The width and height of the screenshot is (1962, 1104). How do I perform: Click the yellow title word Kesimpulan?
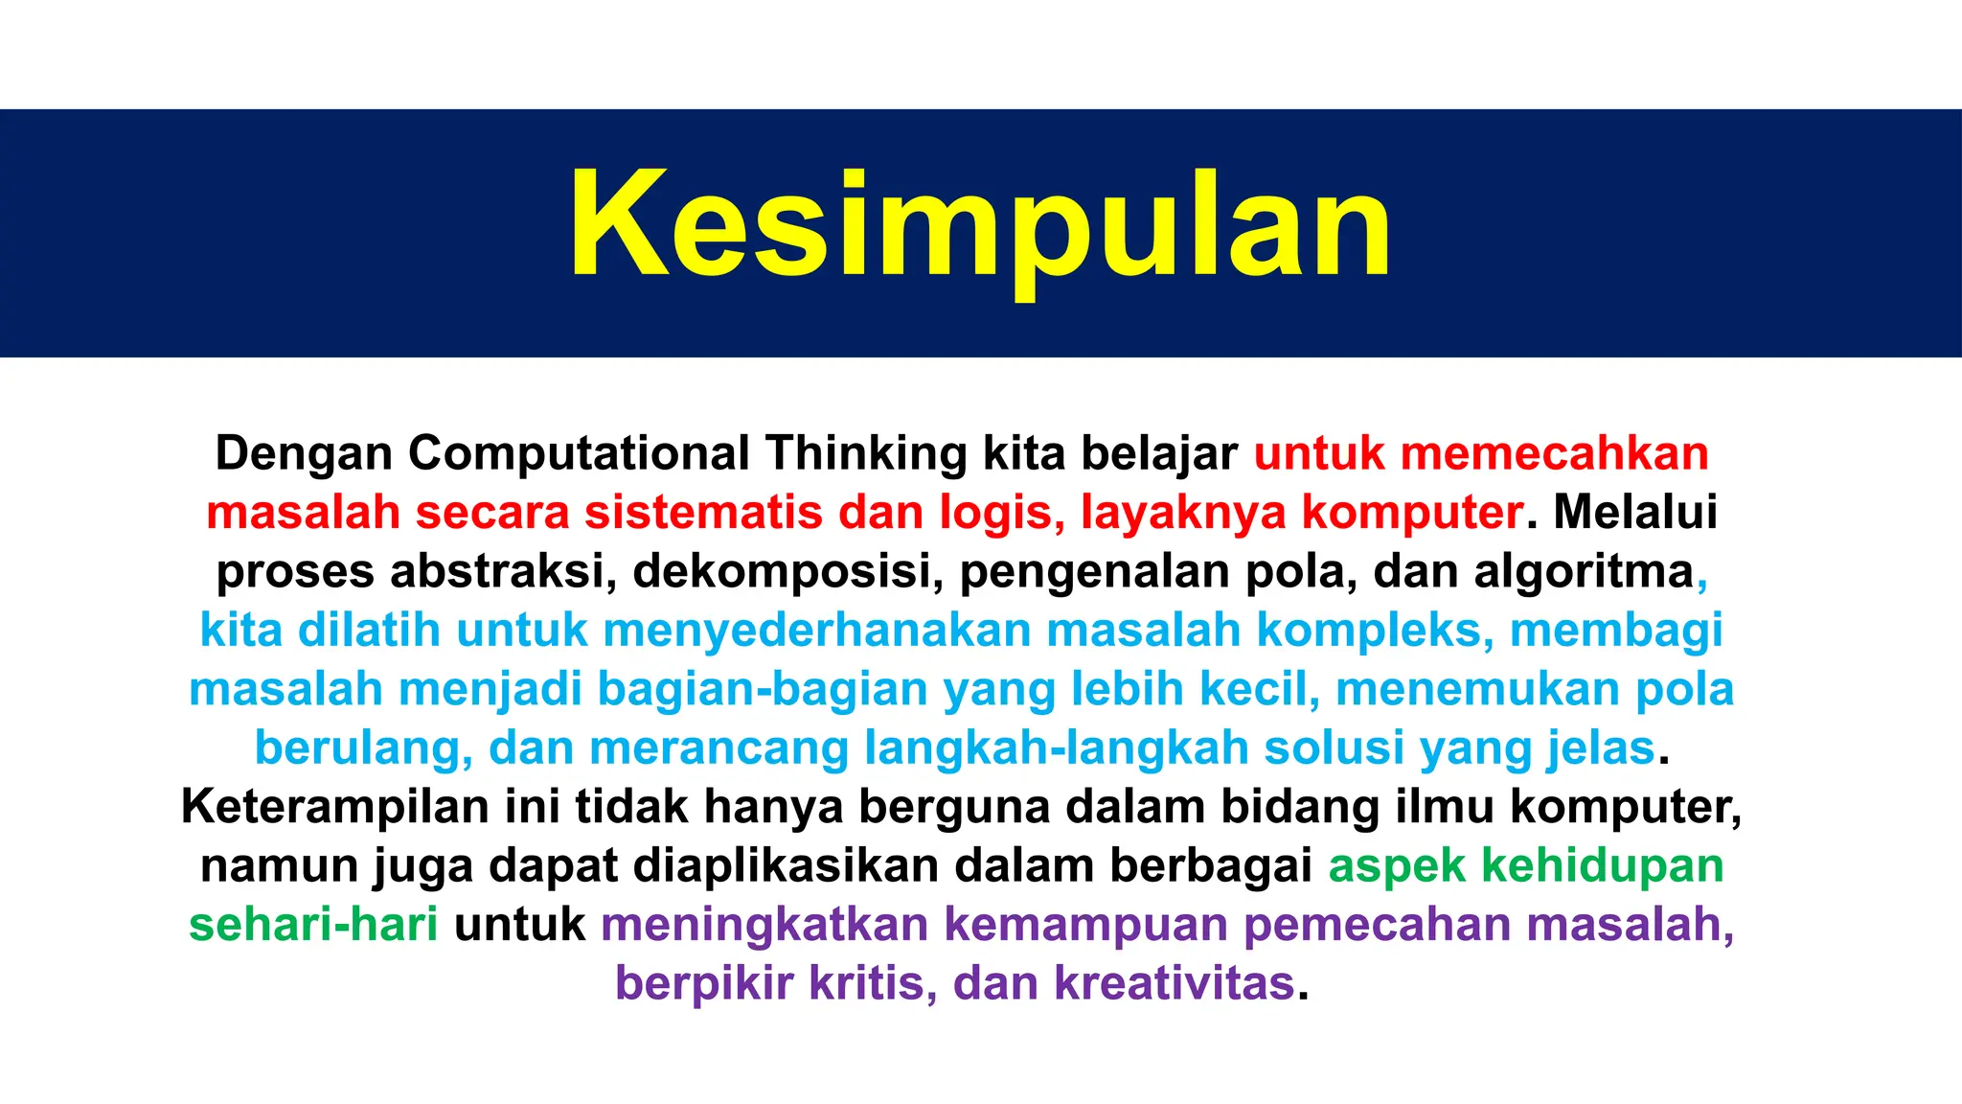979,226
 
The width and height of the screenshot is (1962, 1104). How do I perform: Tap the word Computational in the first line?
579,453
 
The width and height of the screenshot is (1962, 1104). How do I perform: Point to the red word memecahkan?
1554,453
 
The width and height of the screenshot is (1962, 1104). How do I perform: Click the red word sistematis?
703,513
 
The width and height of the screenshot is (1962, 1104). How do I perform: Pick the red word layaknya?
1182,513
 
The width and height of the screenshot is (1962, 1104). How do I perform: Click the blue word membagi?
1616,632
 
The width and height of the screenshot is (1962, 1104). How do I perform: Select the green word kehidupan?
1602,866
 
